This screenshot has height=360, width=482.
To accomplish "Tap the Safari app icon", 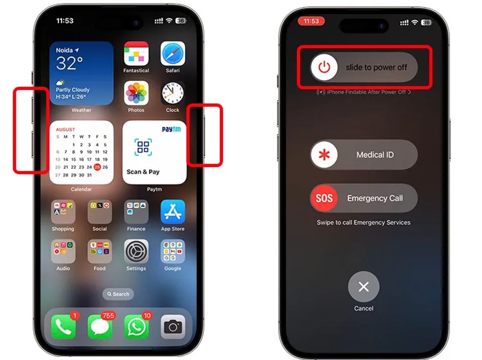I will [173, 53].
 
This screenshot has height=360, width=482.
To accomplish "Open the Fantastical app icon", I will [136, 53].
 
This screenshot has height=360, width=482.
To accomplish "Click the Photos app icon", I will [136, 93].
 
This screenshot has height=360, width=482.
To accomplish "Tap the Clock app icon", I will [173, 93].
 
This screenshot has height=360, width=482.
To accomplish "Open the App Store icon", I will [173, 212].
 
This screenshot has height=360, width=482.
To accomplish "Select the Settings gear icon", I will [136, 252].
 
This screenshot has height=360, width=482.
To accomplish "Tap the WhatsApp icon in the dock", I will [136, 327].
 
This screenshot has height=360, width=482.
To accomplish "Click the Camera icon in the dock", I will [173, 327].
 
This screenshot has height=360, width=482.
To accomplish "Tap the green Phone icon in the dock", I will [63, 327].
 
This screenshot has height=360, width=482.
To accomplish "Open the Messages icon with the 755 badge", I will [100, 327].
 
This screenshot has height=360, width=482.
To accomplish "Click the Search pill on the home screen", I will [118, 294].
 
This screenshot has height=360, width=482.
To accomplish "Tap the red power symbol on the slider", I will [325, 67].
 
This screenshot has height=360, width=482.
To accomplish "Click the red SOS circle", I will [324, 198].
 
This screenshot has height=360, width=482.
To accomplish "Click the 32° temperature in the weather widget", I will [70, 64].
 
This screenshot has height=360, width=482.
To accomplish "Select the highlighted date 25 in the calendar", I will [97, 167].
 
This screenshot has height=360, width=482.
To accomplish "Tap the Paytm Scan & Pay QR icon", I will [143, 147].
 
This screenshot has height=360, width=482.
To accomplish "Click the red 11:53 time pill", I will [311, 21].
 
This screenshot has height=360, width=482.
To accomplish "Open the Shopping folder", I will [63, 212].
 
